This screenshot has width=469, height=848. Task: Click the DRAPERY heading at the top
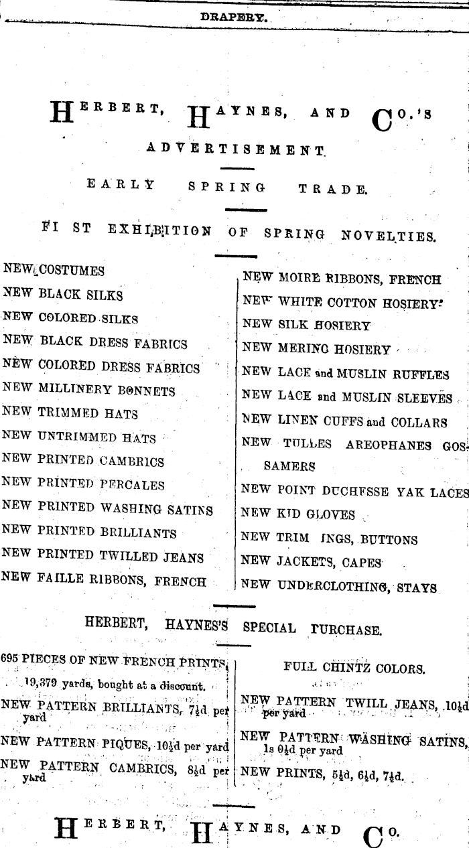click(234, 18)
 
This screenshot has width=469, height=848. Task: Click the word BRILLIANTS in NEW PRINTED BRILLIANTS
click(139, 533)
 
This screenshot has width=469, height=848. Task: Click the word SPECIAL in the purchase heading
click(269, 628)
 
